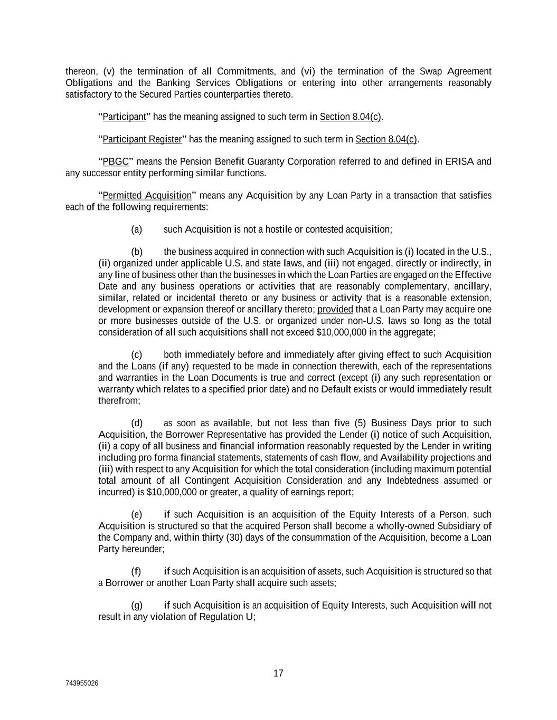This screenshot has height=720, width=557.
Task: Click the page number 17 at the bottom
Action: click(278, 673)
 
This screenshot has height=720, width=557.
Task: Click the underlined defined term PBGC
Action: click(116, 161)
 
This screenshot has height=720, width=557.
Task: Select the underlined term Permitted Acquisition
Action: click(147, 196)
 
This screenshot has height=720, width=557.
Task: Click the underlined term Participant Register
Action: click(142, 139)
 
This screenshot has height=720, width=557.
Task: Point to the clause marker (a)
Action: click(137, 229)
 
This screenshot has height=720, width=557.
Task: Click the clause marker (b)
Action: click(137, 252)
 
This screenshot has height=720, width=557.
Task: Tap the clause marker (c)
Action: click(137, 354)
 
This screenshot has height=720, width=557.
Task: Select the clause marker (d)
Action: click(137, 423)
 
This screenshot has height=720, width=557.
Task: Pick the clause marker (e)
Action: click(137, 514)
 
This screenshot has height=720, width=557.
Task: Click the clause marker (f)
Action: click(136, 571)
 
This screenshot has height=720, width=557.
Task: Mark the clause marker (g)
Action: click(137, 605)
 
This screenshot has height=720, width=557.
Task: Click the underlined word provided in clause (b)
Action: click(335, 309)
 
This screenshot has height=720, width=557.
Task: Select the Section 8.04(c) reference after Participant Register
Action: click(386, 139)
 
